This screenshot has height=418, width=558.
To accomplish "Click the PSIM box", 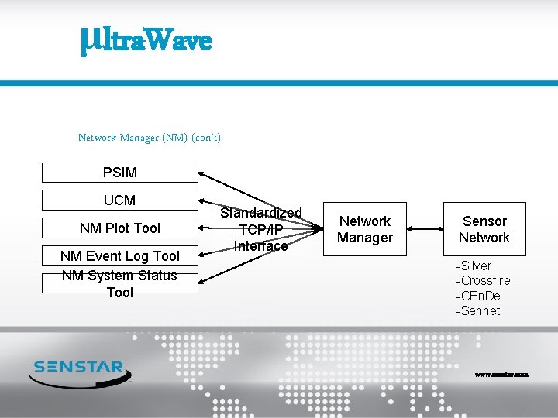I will tap(119, 172).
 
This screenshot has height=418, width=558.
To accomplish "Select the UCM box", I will tap(119, 200).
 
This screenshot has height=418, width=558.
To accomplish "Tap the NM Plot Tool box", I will tap(119, 228).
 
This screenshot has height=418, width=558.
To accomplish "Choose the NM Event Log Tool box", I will tap(119, 255).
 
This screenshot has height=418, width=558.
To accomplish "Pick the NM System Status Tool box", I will tap(119, 283).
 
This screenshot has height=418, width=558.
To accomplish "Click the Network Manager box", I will tap(365, 229).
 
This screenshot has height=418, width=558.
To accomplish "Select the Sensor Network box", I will tap(484, 229).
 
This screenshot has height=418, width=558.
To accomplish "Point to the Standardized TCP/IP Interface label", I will tap(261, 229).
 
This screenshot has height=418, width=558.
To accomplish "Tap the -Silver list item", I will tap(474, 266).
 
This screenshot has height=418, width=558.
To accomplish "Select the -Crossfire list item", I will tap(483, 280).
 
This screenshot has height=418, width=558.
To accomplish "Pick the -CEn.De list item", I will tap(478, 296).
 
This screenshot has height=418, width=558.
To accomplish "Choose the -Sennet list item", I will tap(477, 310).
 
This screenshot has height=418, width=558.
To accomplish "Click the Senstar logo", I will tap(81, 372).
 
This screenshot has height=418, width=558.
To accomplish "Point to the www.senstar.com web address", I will tap(501, 374).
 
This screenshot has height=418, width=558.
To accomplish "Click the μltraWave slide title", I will tap(145, 39).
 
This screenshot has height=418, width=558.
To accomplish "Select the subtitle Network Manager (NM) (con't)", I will tap(150, 138).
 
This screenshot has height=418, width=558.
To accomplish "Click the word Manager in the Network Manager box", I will tap(365, 238).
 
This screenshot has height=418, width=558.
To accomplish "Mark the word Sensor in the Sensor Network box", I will tap(484, 221).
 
